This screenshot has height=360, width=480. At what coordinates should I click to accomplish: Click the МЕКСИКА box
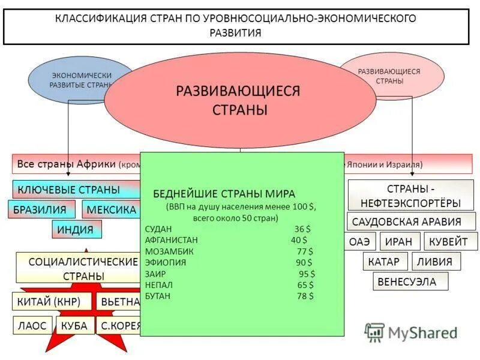pyautogui.click(x=112, y=209)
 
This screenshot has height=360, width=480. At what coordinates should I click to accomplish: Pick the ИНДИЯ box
pyautogui.click(x=76, y=229)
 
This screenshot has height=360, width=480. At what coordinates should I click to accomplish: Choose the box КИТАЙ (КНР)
pyautogui.click(x=53, y=302)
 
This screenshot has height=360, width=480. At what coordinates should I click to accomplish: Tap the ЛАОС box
pyautogui.click(x=32, y=326)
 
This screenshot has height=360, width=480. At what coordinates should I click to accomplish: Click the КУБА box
pyautogui.click(x=74, y=326)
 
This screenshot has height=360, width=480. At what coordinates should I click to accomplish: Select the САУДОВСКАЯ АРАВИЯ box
pyautogui.click(x=411, y=221)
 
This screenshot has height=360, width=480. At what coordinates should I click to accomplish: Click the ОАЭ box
pyautogui.click(x=362, y=242)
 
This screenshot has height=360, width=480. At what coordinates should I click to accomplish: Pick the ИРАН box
pyautogui.click(x=399, y=242)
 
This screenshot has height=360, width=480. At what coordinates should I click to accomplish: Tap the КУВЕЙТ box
pyautogui.click(x=450, y=242)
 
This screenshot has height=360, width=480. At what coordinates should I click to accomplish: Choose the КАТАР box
pyautogui.click(x=385, y=262)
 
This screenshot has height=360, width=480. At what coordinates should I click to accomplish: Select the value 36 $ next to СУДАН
pyautogui.click(x=302, y=229)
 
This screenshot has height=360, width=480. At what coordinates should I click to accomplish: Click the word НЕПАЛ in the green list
pyautogui.click(x=158, y=285)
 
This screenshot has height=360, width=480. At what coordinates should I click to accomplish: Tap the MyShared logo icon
pyautogui.click(x=374, y=332)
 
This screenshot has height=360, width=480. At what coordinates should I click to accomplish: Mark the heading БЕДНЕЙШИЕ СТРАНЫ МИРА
pyautogui.click(x=224, y=194)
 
